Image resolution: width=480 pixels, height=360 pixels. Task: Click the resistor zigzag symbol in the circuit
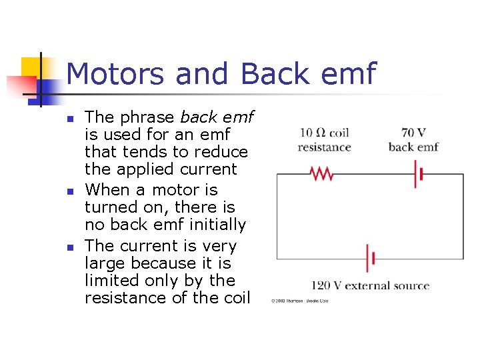(x=322, y=174)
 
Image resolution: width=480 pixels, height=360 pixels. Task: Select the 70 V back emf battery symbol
(x=418, y=174)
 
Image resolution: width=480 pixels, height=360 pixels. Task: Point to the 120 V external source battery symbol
(x=369, y=258)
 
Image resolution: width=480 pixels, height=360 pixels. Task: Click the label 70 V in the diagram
(x=414, y=133)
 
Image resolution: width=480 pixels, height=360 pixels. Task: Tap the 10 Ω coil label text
(x=325, y=133)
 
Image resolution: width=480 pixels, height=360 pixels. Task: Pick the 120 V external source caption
(x=370, y=286)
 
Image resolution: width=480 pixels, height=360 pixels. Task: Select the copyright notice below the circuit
(x=299, y=301)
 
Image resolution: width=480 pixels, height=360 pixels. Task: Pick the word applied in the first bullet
(x=143, y=169)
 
